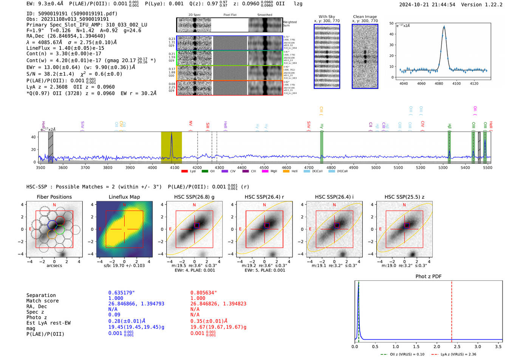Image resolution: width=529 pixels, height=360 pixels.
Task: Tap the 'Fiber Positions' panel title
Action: click(x=54, y=197)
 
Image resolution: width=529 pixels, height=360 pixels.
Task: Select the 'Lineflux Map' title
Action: click(x=124, y=197)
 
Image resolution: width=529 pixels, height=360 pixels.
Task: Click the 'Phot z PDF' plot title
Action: click(x=428, y=276)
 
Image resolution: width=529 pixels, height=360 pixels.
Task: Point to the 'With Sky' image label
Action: click(x=326, y=17)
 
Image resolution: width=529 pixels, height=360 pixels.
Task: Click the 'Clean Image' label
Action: click(x=365, y=17)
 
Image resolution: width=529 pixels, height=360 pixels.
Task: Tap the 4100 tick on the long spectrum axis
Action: click(x=175, y=167)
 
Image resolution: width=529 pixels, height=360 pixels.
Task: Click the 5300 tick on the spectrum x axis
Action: click(x=443, y=167)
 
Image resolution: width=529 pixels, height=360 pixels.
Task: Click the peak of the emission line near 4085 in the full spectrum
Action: click(x=172, y=133)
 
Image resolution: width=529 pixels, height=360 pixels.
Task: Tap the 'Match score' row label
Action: click(x=42, y=301)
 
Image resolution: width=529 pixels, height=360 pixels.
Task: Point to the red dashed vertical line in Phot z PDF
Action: click(x=452, y=310)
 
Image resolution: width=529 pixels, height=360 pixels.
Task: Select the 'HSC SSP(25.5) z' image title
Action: click(x=404, y=197)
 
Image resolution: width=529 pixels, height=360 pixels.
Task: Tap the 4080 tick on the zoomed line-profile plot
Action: click(x=439, y=83)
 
